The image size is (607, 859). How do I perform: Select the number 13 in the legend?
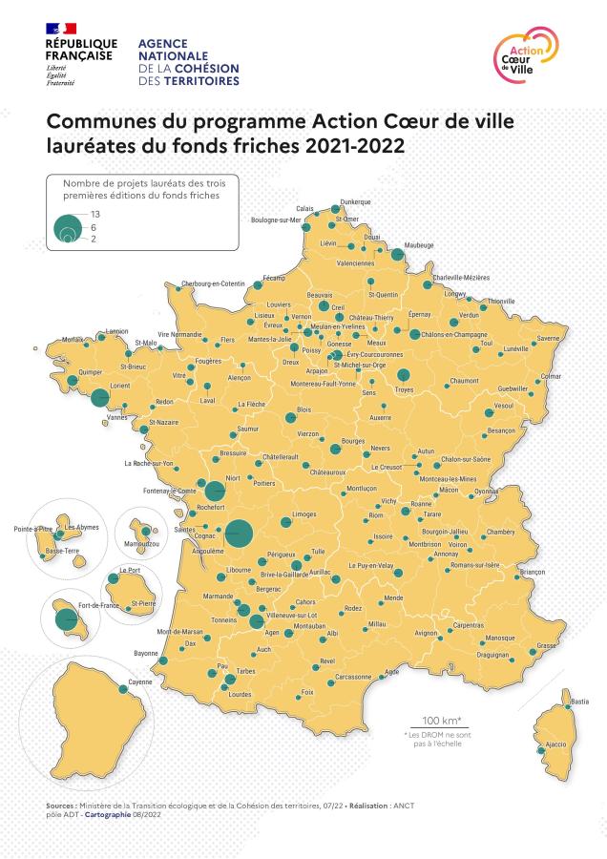pos(95,214)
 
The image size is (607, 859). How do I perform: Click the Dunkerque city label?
pos(355,202)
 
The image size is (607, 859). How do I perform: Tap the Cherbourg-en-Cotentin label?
pos(214,283)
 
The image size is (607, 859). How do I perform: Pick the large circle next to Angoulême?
pos(239,534)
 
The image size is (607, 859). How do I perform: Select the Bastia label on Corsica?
pos(579,702)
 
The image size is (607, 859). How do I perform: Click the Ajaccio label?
pos(555,744)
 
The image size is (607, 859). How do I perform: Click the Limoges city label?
pos(304,514)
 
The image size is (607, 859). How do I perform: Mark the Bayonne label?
pos(146,654)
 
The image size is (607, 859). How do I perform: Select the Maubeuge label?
pos(418,245)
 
